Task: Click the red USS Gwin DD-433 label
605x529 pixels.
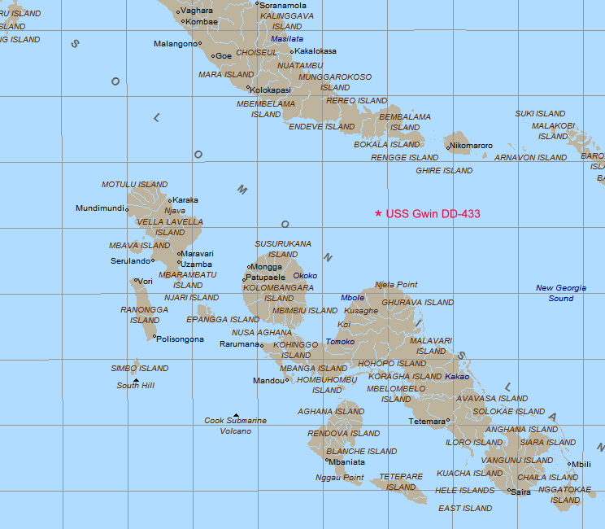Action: [433, 214]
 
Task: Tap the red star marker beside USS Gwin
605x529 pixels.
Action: [378, 214]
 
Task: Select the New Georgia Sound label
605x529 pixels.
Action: [560, 293]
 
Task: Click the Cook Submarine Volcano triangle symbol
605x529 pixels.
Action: [236, 415]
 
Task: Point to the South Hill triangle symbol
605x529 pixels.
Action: [136, 380]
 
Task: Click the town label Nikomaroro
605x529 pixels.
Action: [471, 146]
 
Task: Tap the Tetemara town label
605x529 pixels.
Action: [427, 421]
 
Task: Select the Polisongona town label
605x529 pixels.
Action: [181, 339]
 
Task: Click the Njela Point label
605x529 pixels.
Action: [396, 285]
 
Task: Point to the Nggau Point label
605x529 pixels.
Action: [340, 478]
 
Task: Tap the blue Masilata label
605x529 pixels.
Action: [287, 38]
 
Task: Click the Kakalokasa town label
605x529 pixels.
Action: [315, 51]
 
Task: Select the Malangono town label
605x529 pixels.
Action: [176, 44]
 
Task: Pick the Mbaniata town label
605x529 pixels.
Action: [347, 462]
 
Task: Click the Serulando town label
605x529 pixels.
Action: [130, 261]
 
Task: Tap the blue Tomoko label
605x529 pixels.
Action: [340, 342]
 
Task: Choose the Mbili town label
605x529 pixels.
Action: [581, 465]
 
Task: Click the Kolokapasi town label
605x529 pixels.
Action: [271, 90]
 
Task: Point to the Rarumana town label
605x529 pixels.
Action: [239, 344]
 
